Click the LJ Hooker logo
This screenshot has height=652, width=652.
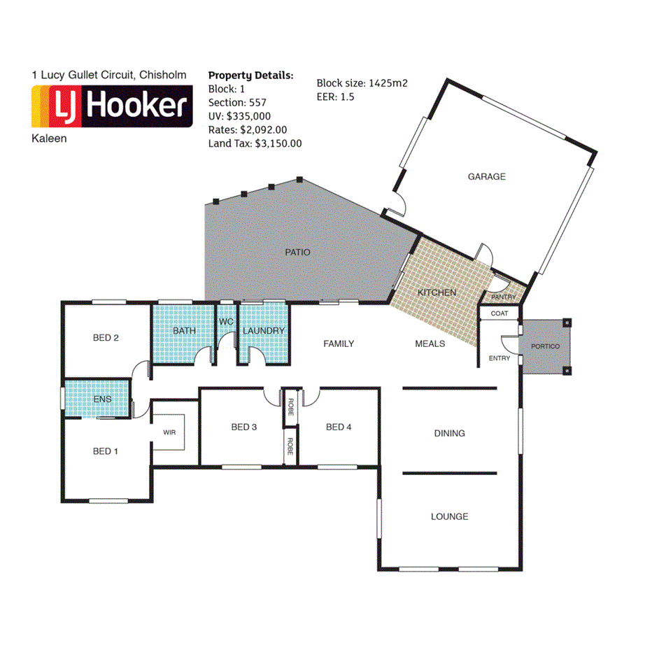pyautogui.click(x=112, y=106)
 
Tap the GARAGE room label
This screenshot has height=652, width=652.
pyautogui.click(x=486, y=177)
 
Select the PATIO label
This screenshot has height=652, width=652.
pyautogui.click(x=297, y=253)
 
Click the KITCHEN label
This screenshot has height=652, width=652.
pyautogui.click(x=437, y=292)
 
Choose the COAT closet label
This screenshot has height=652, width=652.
pyautogui.click(x=499, y=313)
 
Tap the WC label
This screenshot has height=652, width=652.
pyautogui.click(x=226, y=322)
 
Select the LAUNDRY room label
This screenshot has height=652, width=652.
pyautogui.click(x=264, y=331)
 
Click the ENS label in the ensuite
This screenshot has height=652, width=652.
pyautogui.click(x=102, y=399)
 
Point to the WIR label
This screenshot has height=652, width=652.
pyautogui.click(x=169, y=432)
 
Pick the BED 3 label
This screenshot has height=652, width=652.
pyautogui.click(x=243, y=427)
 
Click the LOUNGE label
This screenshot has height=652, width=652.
pyautogui.click(x=449, y=517)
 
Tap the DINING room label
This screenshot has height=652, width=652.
pyautogui.click(x=449, y=434)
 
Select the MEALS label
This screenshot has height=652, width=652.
pyautogui.click(x=430, y=344)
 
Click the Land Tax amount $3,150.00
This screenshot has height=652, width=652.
pyautogui.click(x=278, y=143)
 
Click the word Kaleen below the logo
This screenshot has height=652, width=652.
pyautogui.click(x=50, y=139)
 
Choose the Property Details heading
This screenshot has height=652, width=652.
pyautogui.click(x=251, y=76)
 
